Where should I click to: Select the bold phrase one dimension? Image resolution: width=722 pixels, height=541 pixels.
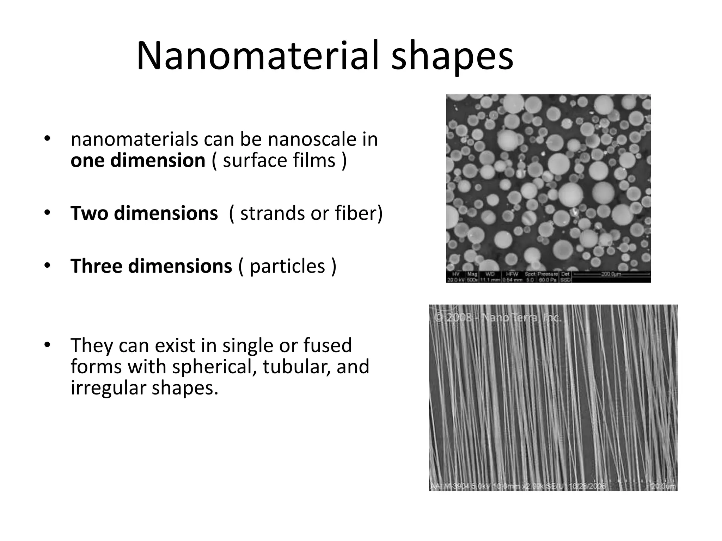pyautogui.click(x=138, y=160)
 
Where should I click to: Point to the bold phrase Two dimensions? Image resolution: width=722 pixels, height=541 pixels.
pyautogui.click(x=144, y=213)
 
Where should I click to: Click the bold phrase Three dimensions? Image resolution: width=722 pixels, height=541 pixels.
pyautogui.click(x=151, y=266)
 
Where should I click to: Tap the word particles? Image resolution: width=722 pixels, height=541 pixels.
pyautogui.click(x=287, y=266)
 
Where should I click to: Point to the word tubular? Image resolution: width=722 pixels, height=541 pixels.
pyautogui.click(x=296, y=367)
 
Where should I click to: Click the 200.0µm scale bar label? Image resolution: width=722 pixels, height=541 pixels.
pyautogui.click(x=612, y=274)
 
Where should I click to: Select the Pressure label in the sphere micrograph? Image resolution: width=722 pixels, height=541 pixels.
pyautogui.click(x=547, y=274)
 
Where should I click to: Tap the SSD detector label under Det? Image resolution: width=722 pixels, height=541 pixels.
pyautogui.click(x=565, y=280)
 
